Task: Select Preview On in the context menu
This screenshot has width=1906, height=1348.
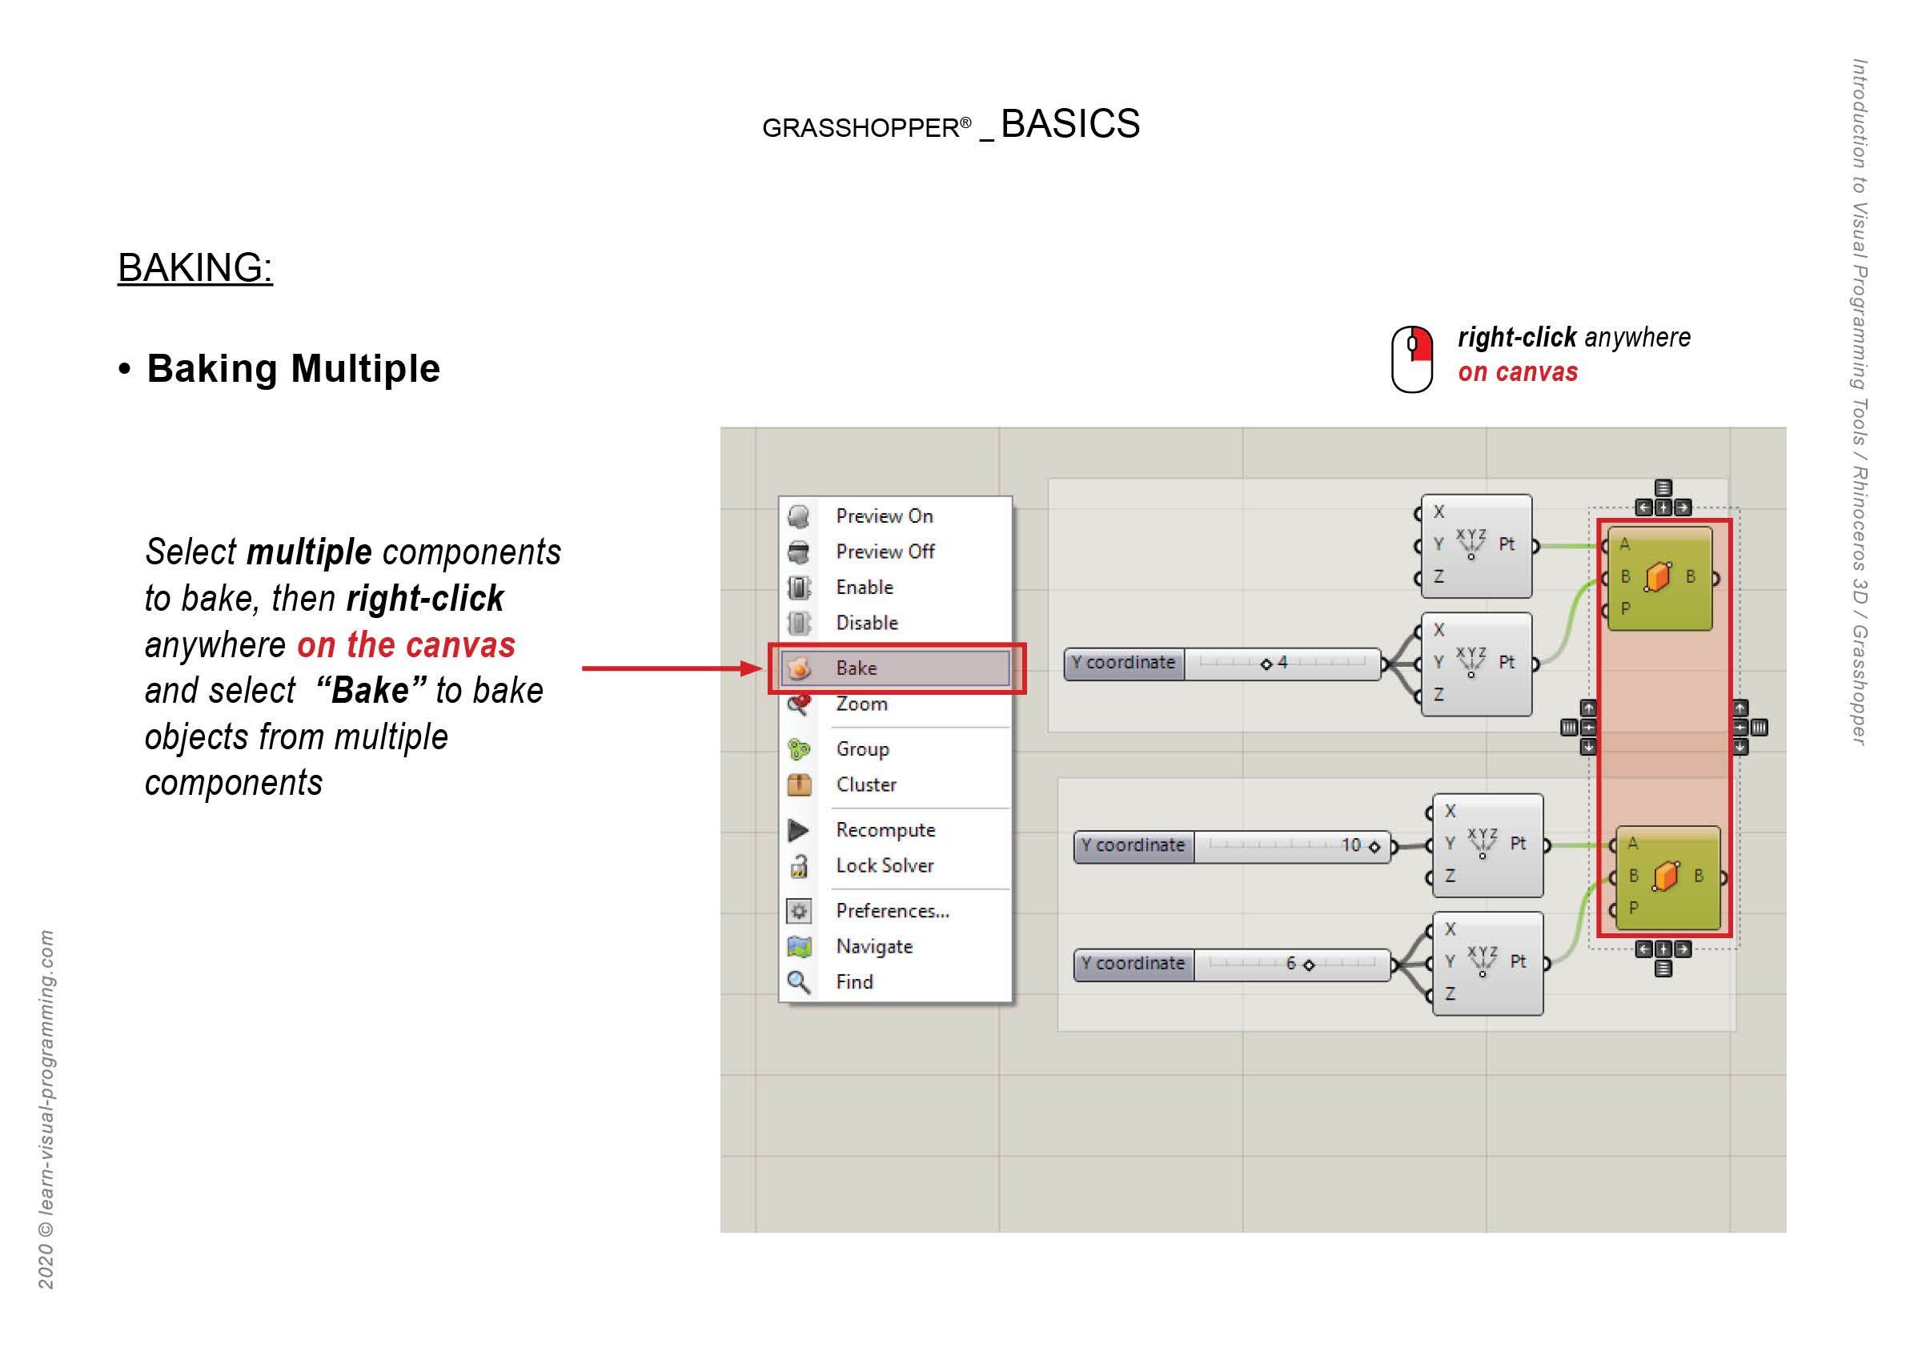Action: click(x=884, y=516)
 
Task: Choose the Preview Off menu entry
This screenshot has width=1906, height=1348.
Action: click(x=885, y=552)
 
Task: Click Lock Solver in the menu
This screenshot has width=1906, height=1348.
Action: click(x=885, y=866)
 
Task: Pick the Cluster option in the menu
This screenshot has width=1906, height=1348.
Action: click(x=866, y=785)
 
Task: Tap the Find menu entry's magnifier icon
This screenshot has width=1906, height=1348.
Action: click(x=799, y=983)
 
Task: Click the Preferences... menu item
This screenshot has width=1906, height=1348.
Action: click(x=893, y=912)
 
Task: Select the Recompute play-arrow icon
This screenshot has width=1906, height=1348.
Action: click(x=799, y=831)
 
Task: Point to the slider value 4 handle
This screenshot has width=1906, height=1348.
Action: click(x=1266, y=664)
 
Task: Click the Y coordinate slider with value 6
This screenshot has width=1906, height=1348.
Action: click(x=1232, y=965)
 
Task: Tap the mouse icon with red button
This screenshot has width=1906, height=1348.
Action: click(x=1411, y=359)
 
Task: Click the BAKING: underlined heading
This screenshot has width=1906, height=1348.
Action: click(x=195, y=268)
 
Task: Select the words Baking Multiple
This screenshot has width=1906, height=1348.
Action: click(x=293, y=368)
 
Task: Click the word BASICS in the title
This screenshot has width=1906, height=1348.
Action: click(x=1070, y=125)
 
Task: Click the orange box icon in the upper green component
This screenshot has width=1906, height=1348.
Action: click(x=1658, y=577)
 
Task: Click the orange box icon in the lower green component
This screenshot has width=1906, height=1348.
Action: click(x=1665, y=877)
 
